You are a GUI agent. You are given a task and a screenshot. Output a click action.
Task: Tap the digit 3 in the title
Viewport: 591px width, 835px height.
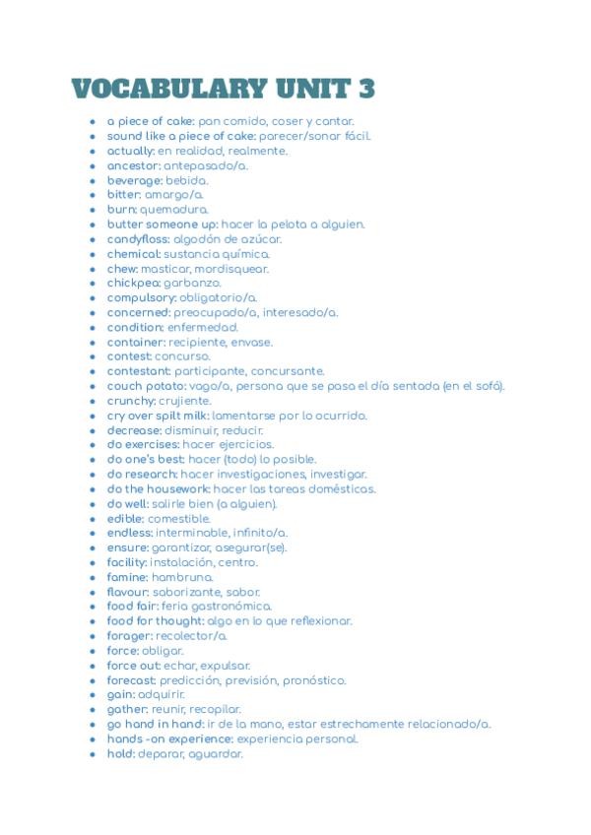pos(365,88)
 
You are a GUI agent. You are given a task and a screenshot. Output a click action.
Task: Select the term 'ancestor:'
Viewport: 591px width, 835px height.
pos(133,165)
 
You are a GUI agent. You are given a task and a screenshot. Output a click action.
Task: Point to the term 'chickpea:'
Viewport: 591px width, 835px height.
pos(133,284)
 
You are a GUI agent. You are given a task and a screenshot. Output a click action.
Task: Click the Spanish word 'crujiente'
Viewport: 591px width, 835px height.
pos(185,401)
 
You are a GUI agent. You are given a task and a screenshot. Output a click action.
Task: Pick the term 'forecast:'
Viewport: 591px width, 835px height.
pos(132,680)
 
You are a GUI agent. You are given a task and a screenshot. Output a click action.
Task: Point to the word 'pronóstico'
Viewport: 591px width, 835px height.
pos(314,680)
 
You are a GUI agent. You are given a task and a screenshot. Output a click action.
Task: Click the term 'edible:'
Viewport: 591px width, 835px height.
pos(126,519)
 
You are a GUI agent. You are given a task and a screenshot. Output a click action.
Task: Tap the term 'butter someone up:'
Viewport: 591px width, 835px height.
pos(163,225)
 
